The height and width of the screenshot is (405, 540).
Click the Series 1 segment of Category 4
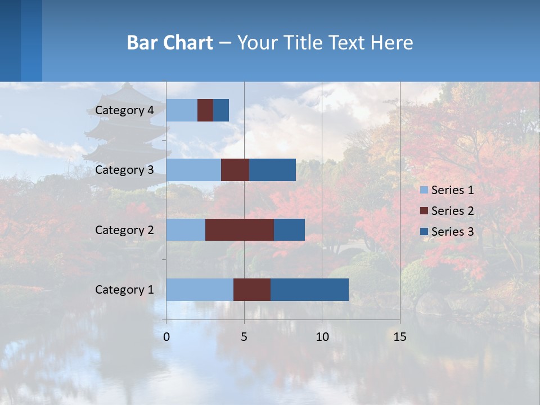click(x=182, y=110)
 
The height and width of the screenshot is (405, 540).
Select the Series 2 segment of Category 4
click(x=205, y=110)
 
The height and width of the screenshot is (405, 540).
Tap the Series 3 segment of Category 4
click(x=221, y=110)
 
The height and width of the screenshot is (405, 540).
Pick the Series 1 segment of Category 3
click(x=193, y=170)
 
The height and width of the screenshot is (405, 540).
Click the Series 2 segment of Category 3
click(x=235, y=170)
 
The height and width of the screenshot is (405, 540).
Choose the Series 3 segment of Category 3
click(x=272, y=170)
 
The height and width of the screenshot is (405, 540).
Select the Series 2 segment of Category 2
click(x=240, y=229)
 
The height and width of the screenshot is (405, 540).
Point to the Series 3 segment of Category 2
click(x=289, y=229)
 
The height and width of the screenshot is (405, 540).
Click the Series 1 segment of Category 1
click(x=200, y=290)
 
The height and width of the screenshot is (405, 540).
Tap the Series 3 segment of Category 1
click(x=309, y=290)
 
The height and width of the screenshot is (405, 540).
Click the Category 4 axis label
click(x=124, y=110)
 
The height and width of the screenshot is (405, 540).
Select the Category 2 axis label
click(x=124, y=229)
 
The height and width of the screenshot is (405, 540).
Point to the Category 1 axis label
click(x=124, y=290)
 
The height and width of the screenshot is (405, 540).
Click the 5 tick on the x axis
click(x=244, y=337)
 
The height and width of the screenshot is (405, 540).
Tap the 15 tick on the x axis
click(x=399, y=337)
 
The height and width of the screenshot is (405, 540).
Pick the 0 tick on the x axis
click(x=166, y=337)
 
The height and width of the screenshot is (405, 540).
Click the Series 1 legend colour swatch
click(x=424, y=190)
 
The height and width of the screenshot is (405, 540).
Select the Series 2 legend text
click(x=452, y=211)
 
